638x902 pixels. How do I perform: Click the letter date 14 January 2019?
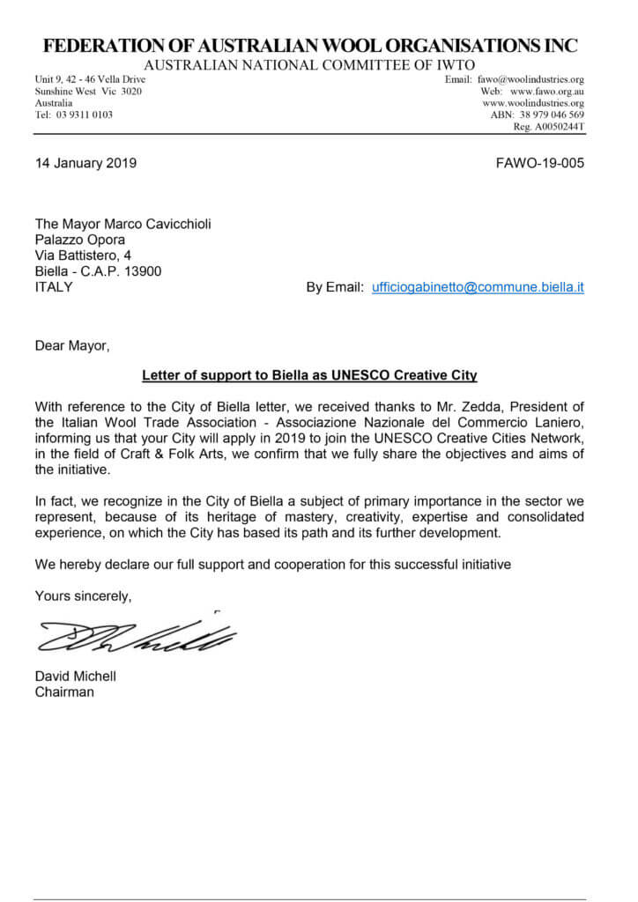[x=85, y=163]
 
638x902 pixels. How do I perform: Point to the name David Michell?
[x=75, y=676]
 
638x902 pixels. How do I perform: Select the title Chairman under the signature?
[x=64, y=691]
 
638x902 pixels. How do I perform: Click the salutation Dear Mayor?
[x=73, y=345]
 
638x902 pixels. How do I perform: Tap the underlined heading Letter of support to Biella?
[x=309, y=375]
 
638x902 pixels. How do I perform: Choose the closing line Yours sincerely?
[x=83, y=596]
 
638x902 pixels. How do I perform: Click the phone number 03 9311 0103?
[x=84, y=115]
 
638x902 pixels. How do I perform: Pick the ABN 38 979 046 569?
[x=550, y=115]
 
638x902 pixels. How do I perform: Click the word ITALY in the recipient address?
[x=54, y=287]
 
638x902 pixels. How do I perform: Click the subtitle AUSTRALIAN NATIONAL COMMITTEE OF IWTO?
[x=309, y=65]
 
